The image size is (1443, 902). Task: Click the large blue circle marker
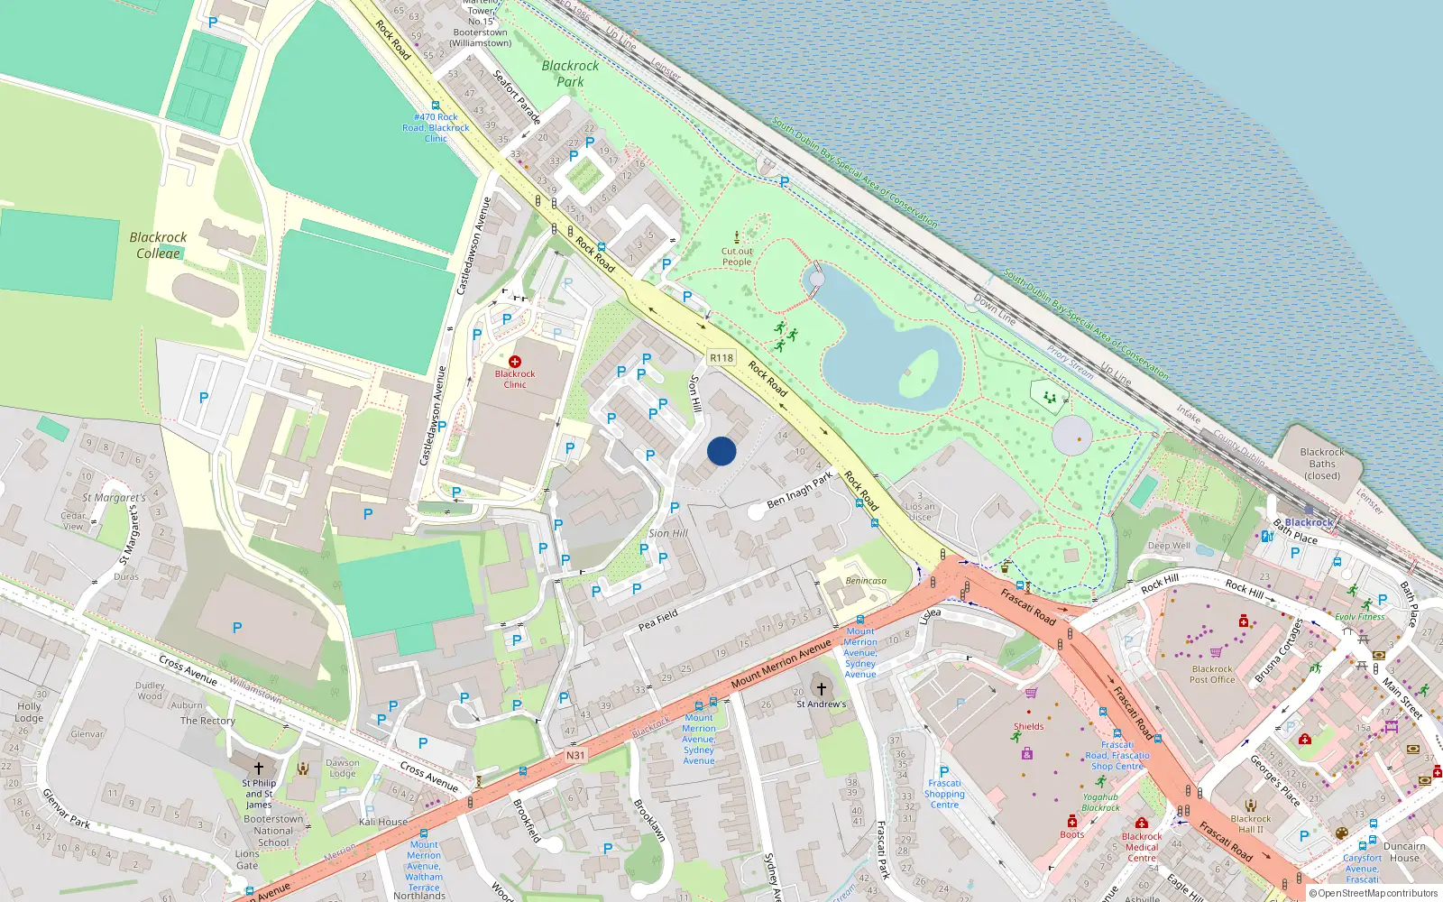tap(721, 451)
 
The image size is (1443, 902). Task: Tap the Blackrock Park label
tap(570, 73)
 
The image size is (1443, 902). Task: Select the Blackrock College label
tap(158, 244)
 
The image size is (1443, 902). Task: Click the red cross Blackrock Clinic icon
tap(515, 362)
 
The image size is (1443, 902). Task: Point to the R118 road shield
tap(721, 358)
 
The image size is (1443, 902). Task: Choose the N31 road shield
tap(575, 755)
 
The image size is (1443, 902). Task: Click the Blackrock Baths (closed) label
tap(1322, 464)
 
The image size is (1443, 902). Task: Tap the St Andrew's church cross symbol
tap(822, 689)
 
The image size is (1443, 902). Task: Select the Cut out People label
tap(737, 257)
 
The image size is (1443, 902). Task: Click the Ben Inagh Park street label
tap(800, 491)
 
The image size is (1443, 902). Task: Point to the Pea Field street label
tap(657, 620)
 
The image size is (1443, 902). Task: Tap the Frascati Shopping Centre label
tap(944, 794)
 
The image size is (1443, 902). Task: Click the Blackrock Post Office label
tap(1212, 675)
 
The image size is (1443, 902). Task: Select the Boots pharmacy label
tap(1072, 834)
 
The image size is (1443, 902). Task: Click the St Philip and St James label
tap(259, 794)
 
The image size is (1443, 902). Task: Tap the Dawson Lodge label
tap(343, 768)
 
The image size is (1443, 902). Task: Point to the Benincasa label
tap(866, 581)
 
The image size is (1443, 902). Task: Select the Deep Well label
tap(1169, 546)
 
